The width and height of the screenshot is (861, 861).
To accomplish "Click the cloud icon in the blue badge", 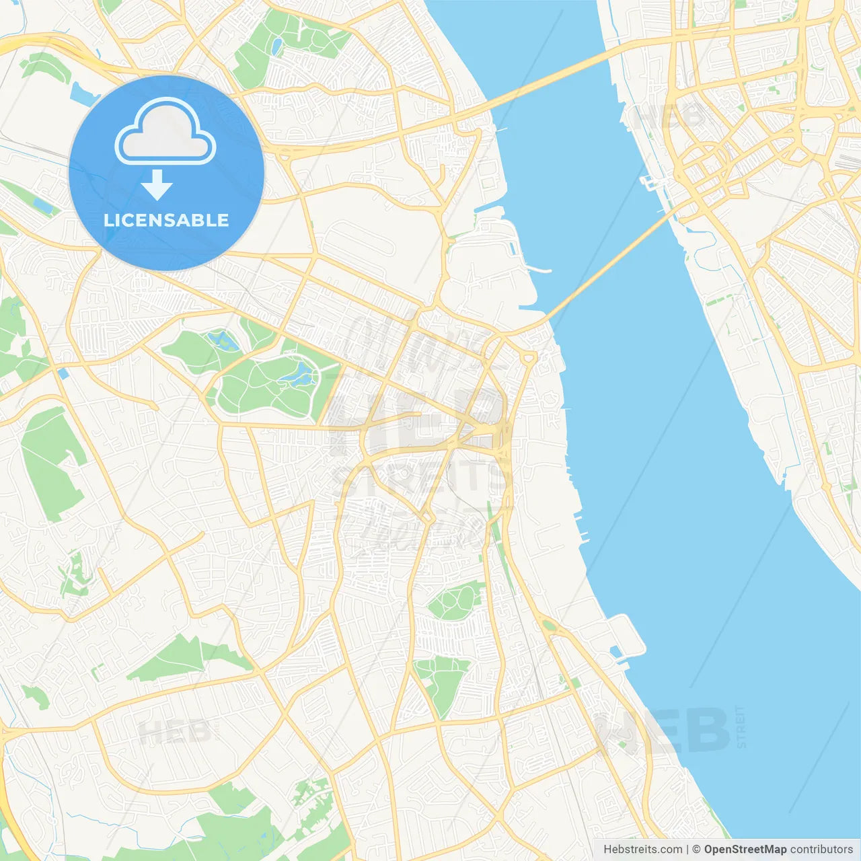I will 165,132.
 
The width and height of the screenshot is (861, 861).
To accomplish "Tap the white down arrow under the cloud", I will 157,184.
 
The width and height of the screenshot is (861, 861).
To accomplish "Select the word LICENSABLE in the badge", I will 166,220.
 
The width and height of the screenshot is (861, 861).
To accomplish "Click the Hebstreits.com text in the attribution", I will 642,850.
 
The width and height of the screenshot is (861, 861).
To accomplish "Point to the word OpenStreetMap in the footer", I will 745,850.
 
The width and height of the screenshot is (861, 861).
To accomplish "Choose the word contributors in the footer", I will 821,850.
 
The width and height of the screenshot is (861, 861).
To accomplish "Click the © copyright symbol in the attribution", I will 696,850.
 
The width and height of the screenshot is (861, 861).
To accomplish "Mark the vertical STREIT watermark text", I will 741,726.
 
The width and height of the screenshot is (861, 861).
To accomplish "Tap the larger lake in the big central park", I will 303,374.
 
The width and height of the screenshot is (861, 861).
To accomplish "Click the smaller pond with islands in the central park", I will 222,340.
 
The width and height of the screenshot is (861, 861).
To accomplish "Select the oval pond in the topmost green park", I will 277,46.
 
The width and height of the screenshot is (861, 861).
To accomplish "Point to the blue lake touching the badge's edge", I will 82,94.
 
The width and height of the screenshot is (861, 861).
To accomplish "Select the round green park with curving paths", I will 455,601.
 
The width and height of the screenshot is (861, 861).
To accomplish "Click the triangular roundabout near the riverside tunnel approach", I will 528,357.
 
